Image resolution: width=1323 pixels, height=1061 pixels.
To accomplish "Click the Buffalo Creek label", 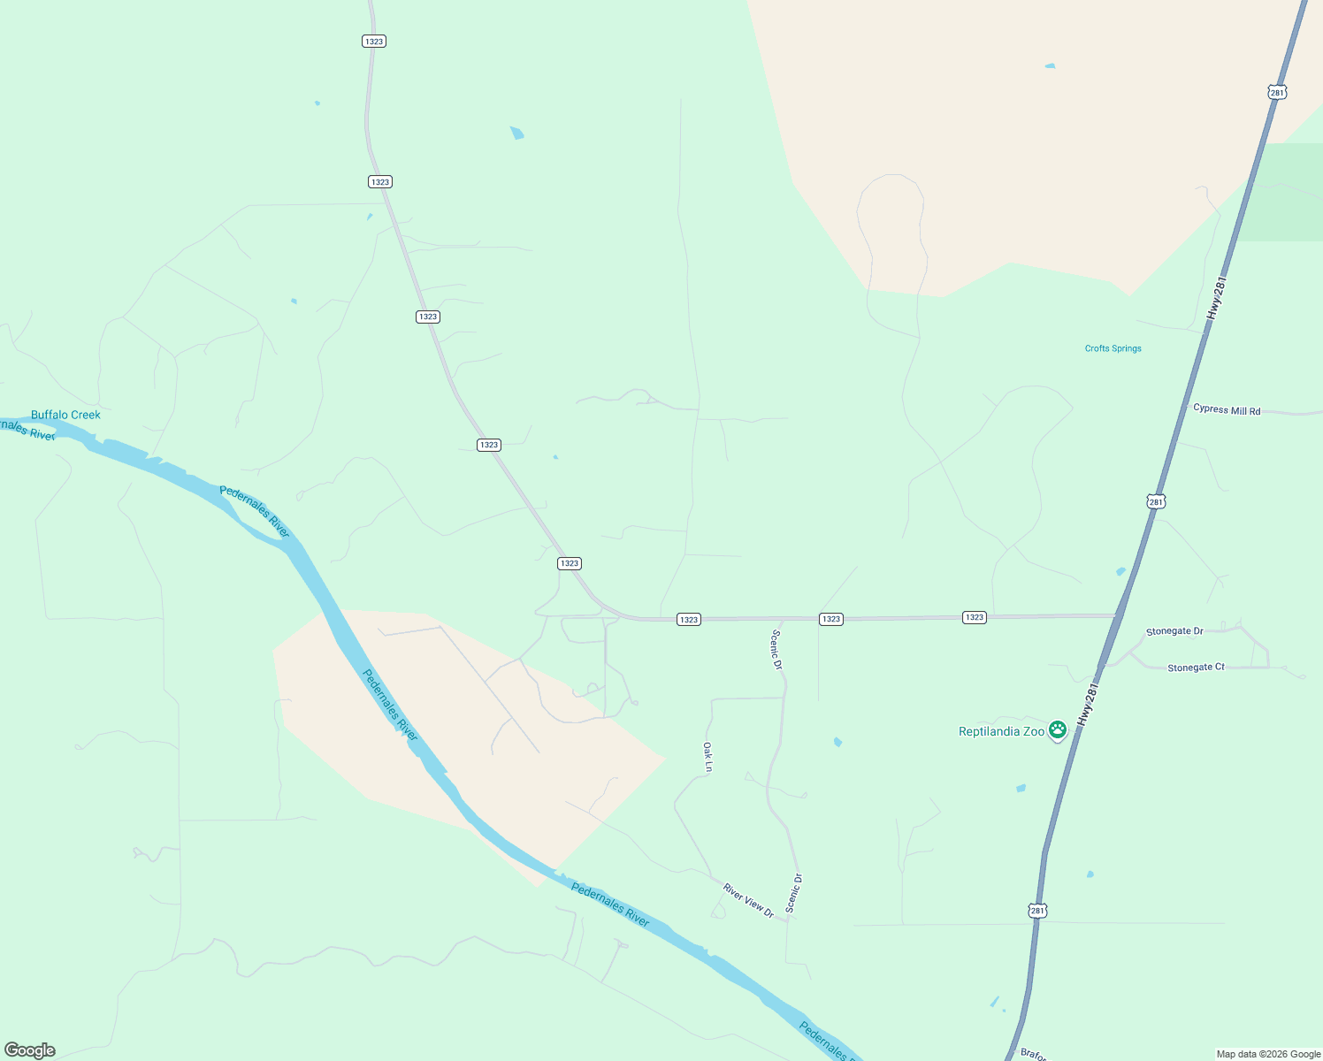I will coord(65,415).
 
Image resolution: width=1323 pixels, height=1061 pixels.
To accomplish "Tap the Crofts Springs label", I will coord(1113,348).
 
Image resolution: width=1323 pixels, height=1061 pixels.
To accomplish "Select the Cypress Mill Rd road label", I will coord(1227,409).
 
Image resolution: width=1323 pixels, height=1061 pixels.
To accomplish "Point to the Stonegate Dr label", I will coord(1174,631).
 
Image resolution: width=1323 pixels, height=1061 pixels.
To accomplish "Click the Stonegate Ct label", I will coord(1196,668).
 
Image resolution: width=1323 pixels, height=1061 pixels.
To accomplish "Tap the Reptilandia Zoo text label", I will coord(1001,731).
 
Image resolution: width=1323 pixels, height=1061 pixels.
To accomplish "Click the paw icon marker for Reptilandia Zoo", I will coord(1058,729).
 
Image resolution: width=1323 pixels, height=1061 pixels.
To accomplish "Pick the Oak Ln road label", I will coord(707,758).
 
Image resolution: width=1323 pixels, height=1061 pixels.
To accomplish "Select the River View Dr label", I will coord(748,900).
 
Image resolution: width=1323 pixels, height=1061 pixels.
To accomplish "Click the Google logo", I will coord(30,1050).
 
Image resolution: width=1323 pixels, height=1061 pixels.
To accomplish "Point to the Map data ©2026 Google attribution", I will coord(1268,1054).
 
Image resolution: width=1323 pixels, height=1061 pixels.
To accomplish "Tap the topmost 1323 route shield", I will coord(374,42).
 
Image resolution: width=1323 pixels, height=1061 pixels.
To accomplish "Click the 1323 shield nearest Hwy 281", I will coord(974,617).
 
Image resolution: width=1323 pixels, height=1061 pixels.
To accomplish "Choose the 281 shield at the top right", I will coord(1276,92).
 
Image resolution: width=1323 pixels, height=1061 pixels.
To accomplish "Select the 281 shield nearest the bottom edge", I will coord(1037,910).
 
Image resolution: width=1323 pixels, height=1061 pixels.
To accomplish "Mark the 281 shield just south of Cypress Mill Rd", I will coord(1156,501).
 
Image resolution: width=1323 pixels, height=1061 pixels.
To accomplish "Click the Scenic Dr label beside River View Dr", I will coord(793,893).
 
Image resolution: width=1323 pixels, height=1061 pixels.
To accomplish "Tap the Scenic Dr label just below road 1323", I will coord(777,649).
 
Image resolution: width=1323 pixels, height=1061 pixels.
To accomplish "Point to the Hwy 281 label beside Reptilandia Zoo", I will coord(1088,704).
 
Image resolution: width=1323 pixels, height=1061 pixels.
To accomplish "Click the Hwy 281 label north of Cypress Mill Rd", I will coord(1217,299).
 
